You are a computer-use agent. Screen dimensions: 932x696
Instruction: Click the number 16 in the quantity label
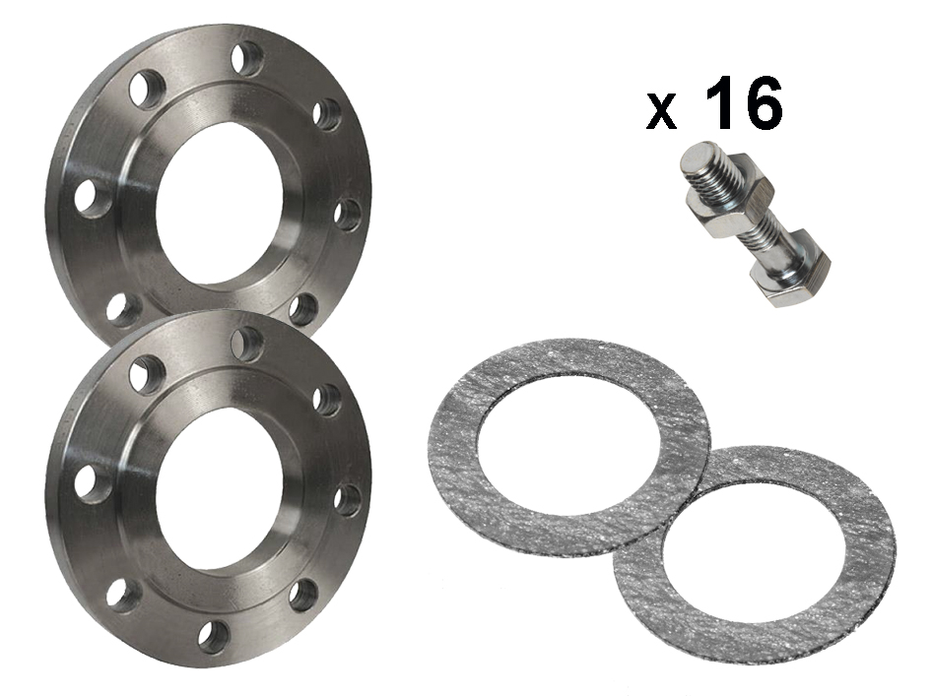coord(743,102)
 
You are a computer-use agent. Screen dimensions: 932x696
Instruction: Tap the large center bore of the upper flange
coord(219,211)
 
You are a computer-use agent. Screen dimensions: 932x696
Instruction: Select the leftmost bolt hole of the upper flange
coord(93,198)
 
